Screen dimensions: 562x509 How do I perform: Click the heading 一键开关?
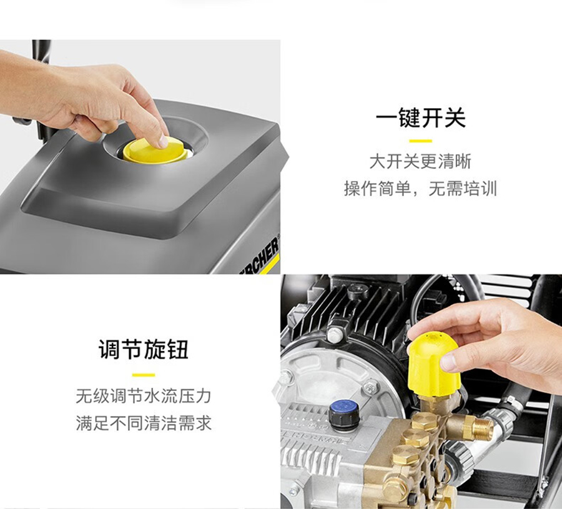[x=421, y=117]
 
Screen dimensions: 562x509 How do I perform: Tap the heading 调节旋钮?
[x=144, y=348]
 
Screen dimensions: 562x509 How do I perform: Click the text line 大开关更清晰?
[x=420, y=162]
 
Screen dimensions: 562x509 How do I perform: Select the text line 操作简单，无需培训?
[x=420, y=189]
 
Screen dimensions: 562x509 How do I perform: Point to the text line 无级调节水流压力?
[x=144, y=396]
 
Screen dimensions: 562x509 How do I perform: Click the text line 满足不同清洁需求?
[x=144, y=423]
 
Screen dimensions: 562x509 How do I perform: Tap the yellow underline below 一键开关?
[x=420, y=141]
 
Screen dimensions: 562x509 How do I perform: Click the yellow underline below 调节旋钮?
[x=144, y=375]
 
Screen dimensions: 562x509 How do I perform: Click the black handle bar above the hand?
[x=40, y=54]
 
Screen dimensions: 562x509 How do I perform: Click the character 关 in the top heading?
[x=455, y=117]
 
